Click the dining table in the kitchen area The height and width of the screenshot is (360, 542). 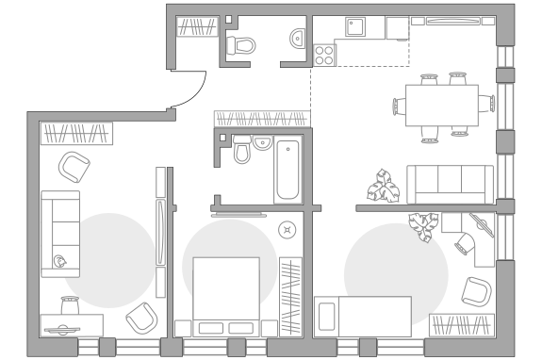(x=441, y=105)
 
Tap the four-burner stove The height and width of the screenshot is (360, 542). (x=323, y=56)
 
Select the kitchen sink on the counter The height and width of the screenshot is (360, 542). (x=355, y=26)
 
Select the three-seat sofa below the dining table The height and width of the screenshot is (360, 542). (x=450, y=184)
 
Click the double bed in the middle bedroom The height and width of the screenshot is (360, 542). (x=226, y=296)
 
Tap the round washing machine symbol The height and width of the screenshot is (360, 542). (x=287, y=229)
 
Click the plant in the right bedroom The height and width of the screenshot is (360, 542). (x=423, y=226)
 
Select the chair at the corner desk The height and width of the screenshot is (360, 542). (x=466, y=243)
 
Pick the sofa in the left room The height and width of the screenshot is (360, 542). (x=60, y=234)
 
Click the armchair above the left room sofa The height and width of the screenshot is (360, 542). (x=74, y=167)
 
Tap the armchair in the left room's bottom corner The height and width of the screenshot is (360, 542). (x=141, y=319)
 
